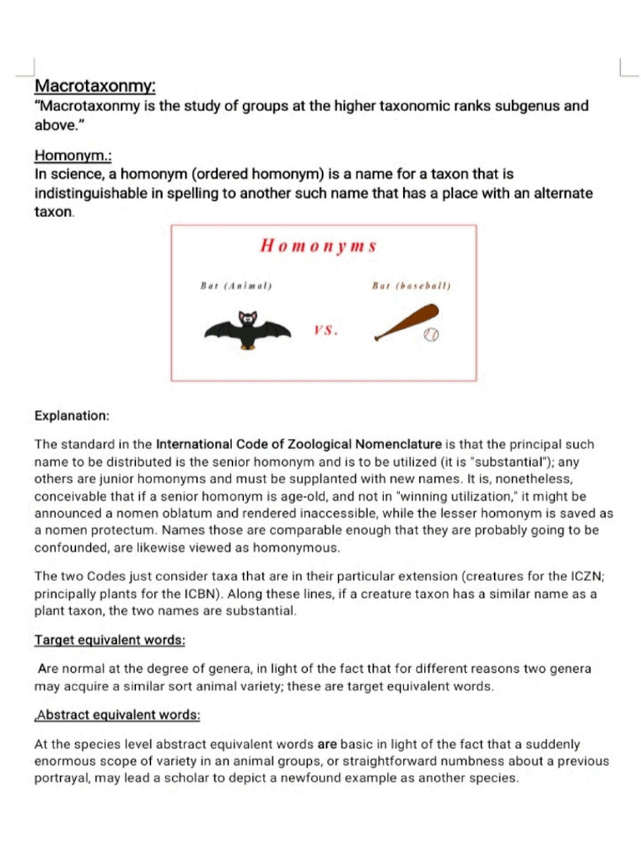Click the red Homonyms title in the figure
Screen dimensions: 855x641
319,245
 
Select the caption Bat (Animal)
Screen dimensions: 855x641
237,286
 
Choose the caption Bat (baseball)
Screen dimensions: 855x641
411,286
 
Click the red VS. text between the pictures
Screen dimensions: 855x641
326,330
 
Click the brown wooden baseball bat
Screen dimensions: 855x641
406,322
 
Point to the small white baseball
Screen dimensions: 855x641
432,334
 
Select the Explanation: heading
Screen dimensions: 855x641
72,415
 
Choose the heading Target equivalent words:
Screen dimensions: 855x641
109,640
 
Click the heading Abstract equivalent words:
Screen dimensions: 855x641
118,716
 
